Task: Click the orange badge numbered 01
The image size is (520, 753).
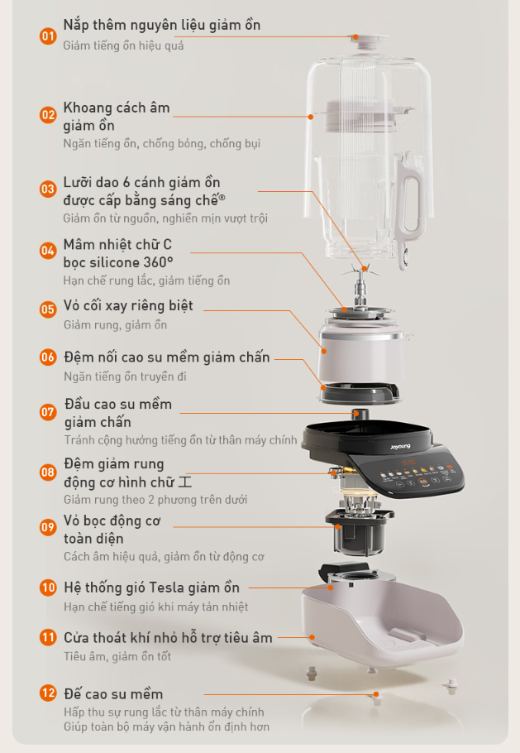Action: [48, 36]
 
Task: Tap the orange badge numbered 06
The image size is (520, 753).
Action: [48, 357]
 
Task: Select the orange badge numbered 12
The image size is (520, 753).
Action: [48, 693]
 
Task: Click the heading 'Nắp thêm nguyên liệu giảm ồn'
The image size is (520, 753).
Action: [161, 25]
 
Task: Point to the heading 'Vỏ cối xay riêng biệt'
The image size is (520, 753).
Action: [128, 305]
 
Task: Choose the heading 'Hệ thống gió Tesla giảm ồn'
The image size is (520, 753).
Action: [151, 588]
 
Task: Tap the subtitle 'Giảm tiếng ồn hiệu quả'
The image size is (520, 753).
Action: [123, 45]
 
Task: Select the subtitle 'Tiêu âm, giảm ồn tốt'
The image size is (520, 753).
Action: [117, 656]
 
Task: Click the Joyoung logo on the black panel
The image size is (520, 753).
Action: [402, 448]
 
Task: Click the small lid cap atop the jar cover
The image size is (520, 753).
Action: [355, 37]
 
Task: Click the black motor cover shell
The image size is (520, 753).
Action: [357, 534]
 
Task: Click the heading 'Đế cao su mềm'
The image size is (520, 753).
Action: [113, 693]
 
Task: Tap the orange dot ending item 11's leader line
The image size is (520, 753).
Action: [312, 638]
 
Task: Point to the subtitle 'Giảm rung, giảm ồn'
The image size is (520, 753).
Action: [115, 324]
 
